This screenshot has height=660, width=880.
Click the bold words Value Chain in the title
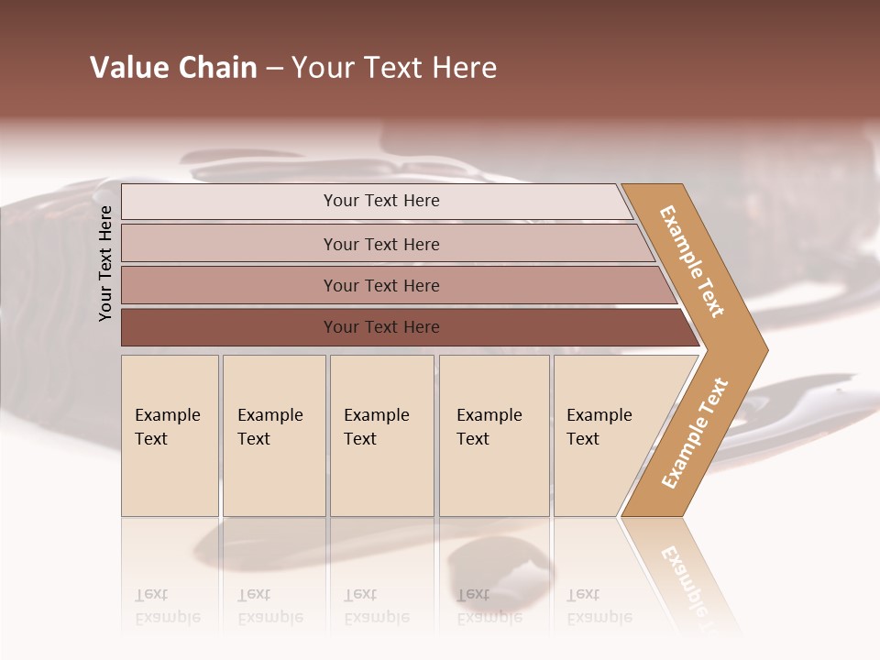(173, 68)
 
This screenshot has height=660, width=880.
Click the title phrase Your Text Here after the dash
(394, 68)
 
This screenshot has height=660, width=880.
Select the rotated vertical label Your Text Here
(105, 263)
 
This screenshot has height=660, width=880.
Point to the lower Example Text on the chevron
(694, 434)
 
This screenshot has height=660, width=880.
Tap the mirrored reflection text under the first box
(167, 606)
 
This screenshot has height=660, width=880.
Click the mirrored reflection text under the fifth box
(599, 606)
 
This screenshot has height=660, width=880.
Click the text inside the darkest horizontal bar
(381, 327)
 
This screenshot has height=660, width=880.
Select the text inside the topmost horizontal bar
(381, 201)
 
